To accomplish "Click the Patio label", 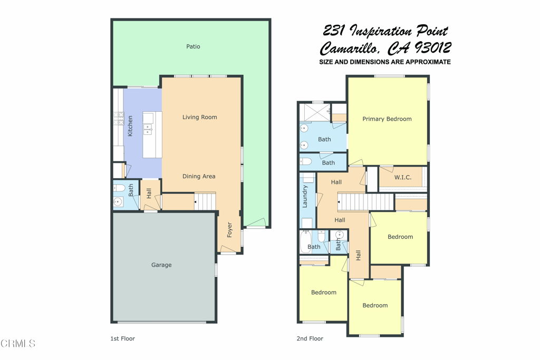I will click(x=193, y=46).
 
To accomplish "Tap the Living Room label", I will click(x=200, y=117).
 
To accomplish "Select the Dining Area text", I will click(x=199, y=176).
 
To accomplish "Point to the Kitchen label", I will click(x=130, y=127).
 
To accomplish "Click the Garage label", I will click(x=161, y=265).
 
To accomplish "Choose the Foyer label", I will click(x=229, y=230).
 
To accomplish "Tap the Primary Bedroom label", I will click(x=387, y=119).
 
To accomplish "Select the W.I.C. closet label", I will click(x=403, y=177).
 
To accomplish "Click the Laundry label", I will click(x=305, y=197).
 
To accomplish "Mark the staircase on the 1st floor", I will click(x=205, y=201).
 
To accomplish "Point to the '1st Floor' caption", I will click(x=122, y=338).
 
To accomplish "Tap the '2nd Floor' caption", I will click(x=310, y=338).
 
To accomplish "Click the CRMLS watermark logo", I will click(x=18, y=344).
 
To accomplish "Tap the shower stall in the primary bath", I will click(x=314, y=112).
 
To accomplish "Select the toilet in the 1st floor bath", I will click(x=119, y=188).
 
